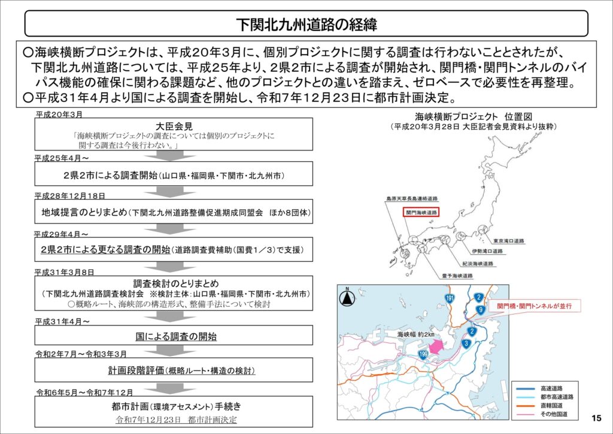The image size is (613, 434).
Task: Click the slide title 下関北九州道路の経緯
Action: pos(306,25)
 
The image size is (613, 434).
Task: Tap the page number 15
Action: pos(596,418)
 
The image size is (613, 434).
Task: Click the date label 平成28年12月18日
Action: pos(69,196)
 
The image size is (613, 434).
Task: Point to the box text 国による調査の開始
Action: pos(176,336)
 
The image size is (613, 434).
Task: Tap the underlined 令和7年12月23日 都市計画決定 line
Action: pos(176,419)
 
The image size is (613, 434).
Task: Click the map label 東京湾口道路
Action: pos(508,240)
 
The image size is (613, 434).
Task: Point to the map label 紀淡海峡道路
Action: pos(478,263)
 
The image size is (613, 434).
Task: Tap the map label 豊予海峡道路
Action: pos(457,276)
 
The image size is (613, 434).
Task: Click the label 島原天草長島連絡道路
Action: pos(412,198)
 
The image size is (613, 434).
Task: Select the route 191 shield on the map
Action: pos(450,299)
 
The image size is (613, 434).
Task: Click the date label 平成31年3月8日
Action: pos(64,272)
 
